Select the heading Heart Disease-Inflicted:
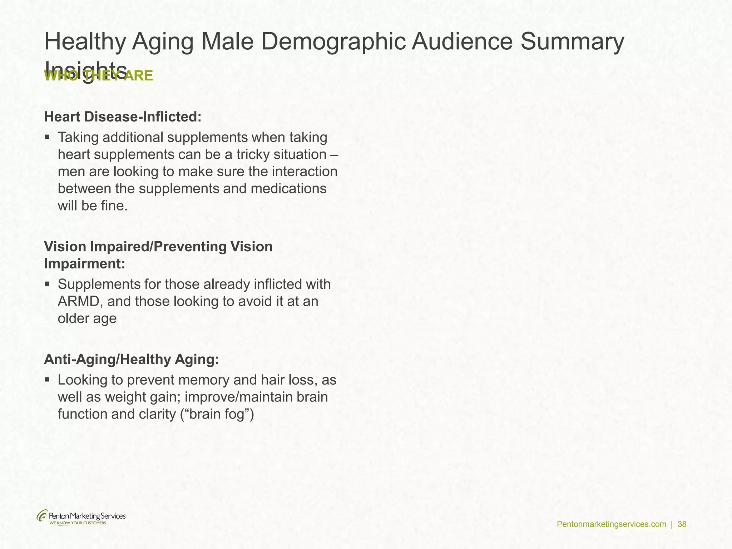click(x=123, y=117)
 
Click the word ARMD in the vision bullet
click(x=80, y=301)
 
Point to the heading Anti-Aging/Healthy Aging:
click(x=131, y=360)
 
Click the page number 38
click(x=682, y=524)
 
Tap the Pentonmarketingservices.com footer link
click(x=612, y=524)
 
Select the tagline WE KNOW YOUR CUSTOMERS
click(x=78, y=523)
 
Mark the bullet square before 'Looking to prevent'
click(x=47, y=379)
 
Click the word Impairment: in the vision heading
click(x=85, y=264)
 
